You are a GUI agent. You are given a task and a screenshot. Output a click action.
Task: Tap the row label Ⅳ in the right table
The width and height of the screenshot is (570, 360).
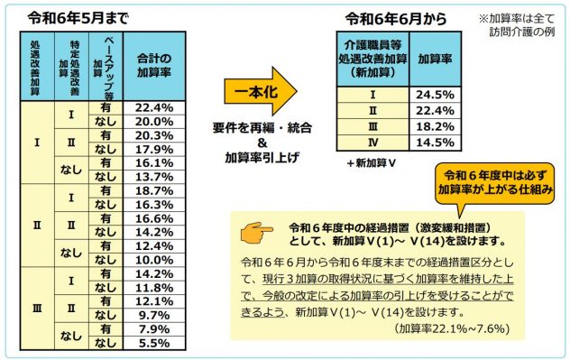[372, 142]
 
